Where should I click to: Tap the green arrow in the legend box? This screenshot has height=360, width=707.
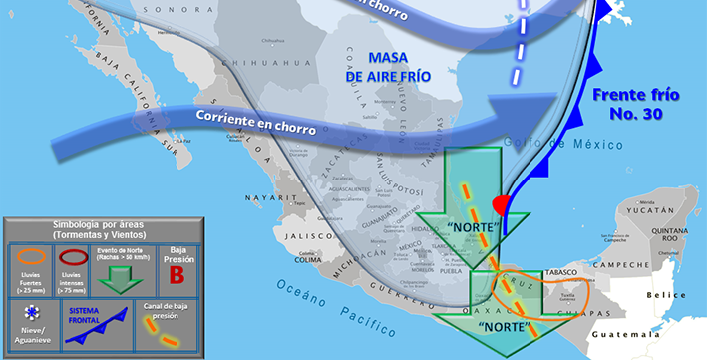click(121, 278)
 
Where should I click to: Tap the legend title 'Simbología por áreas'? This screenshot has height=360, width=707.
click(103, 226)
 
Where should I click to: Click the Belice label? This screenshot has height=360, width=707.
click(668, 295)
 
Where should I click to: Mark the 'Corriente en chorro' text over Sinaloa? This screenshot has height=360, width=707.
click(256, 124)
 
